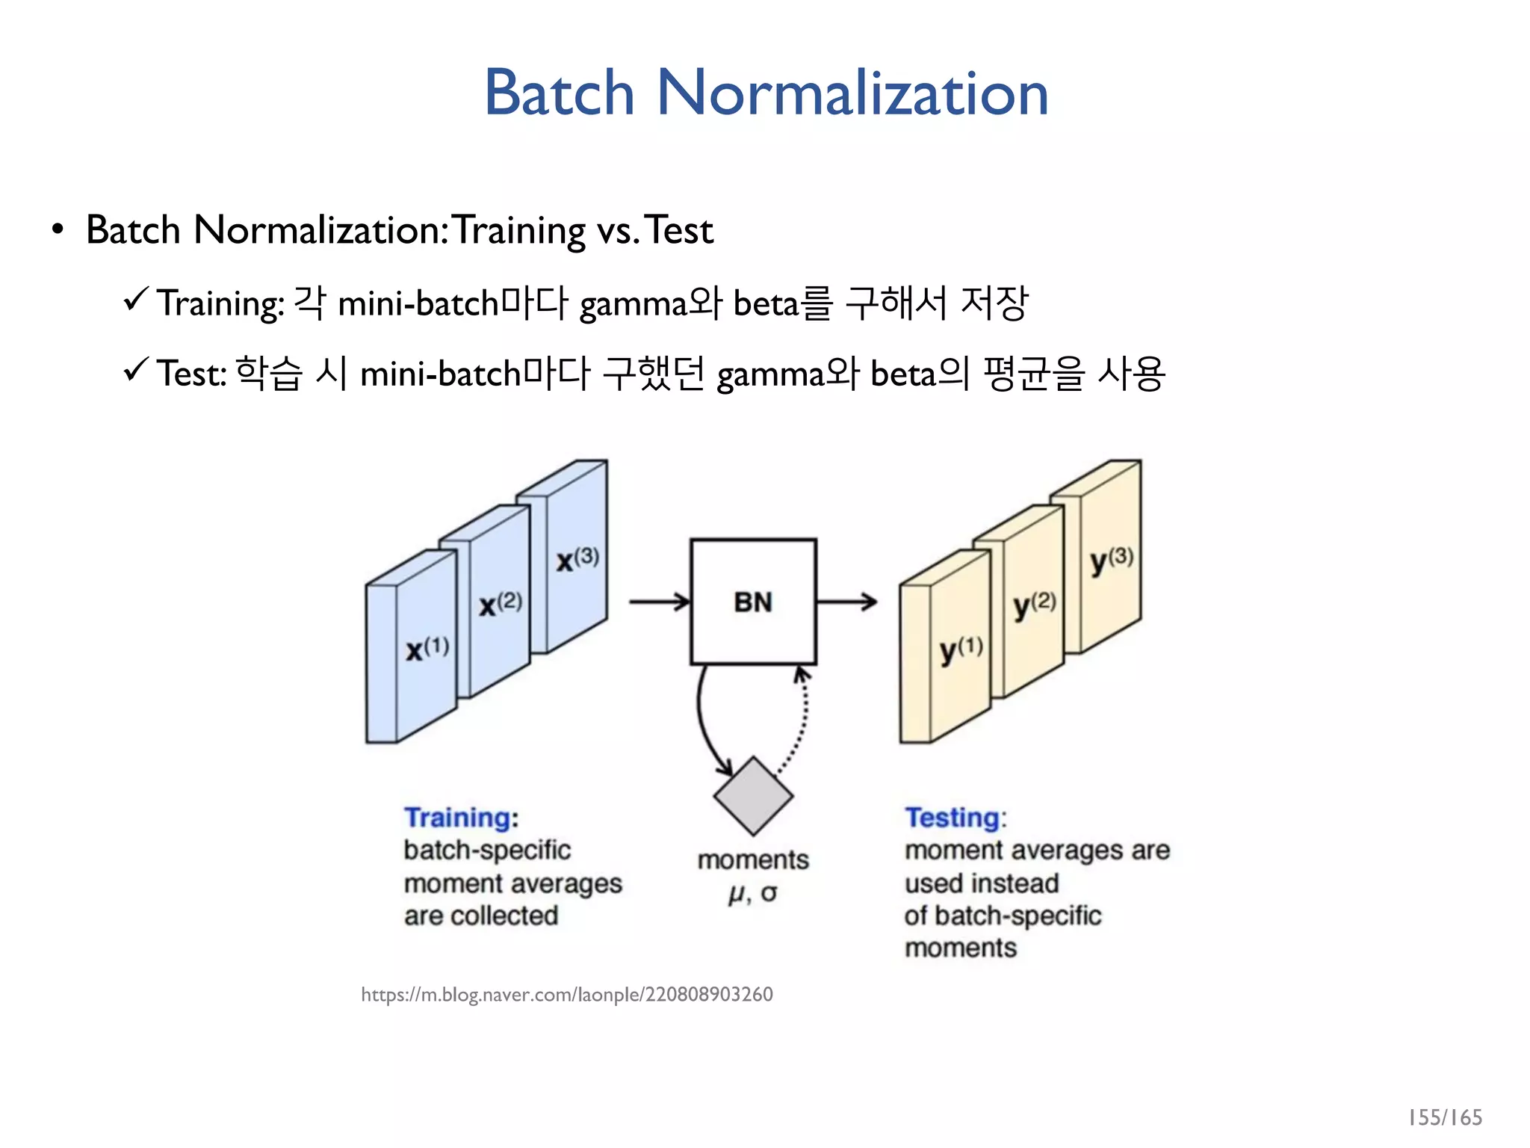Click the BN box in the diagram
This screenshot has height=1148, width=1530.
click(753, 602)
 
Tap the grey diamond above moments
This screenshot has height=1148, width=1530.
click(753, 796)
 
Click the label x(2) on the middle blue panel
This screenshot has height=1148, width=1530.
click(501, 604)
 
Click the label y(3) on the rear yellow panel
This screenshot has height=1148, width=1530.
click(1111, 560)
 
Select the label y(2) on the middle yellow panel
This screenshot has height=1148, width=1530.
click(1035, 605)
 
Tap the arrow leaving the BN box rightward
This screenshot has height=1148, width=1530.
click(846, 601)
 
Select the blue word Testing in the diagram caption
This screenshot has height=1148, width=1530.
click(952, 818)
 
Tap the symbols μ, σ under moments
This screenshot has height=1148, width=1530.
click(753, 892)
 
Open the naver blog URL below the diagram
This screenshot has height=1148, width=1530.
click(566, 995)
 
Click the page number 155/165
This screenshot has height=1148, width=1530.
click(1444, 1117)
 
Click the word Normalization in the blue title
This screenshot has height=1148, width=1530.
click(852, 93)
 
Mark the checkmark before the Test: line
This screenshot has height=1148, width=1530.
click(137, 369)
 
